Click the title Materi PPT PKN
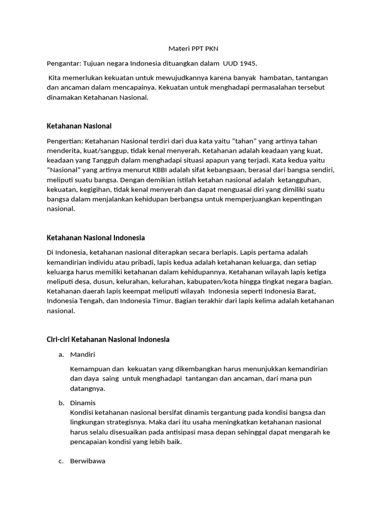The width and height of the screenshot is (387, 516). coord(193,49)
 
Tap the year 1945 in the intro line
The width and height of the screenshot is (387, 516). coord(246,63)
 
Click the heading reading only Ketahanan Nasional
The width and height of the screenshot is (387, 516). coord(79,125)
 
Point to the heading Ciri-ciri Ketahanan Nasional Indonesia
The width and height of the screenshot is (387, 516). coord(108,339)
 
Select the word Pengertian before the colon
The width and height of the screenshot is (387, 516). coord(64,141)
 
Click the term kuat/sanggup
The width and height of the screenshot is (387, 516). coord(107,151)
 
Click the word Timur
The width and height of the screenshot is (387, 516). coord(160,300)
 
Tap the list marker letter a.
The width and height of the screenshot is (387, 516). coord(61,354)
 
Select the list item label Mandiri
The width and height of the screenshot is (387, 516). coord(83,354)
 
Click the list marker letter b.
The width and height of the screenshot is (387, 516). coord(61,403)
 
